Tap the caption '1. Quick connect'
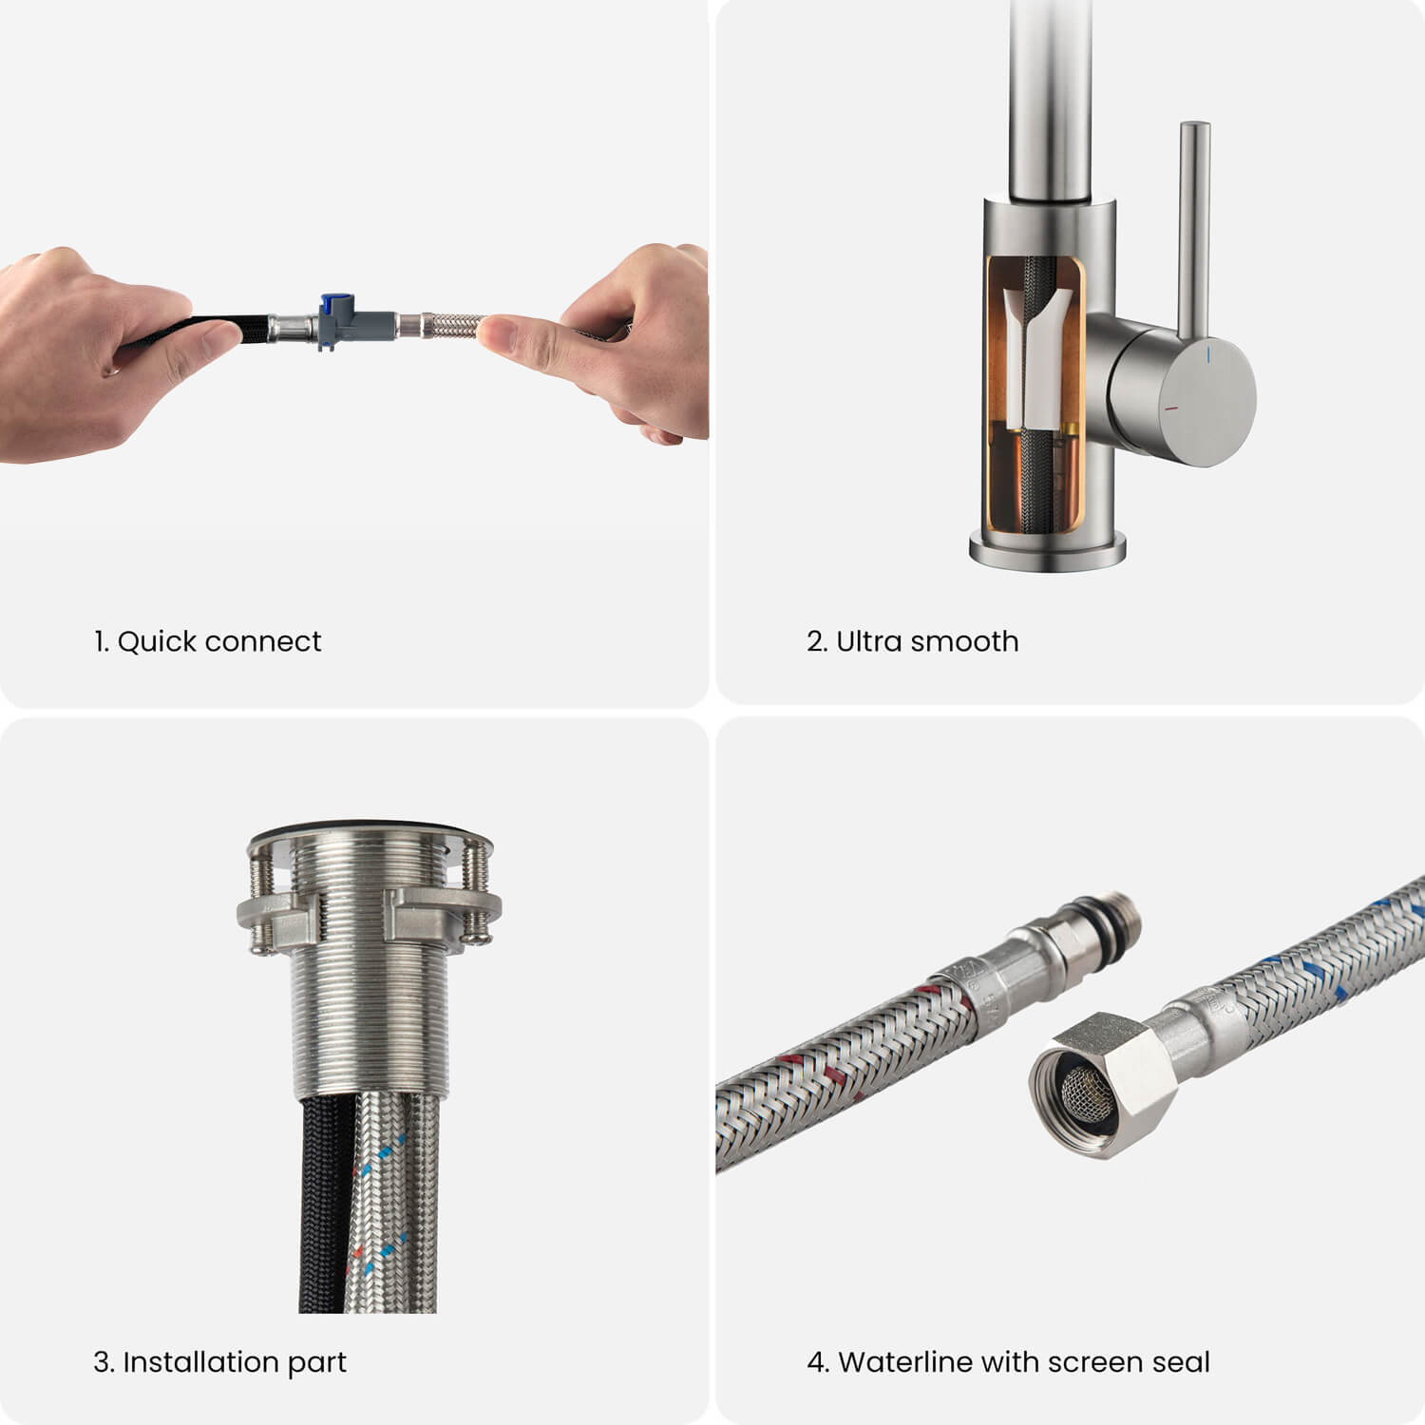[207, 641]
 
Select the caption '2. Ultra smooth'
[912, 641]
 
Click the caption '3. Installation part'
[219, 1362]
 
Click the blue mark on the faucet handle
[1207, 355]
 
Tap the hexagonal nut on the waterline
[1102, 1083]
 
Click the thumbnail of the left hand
[223, 333]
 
